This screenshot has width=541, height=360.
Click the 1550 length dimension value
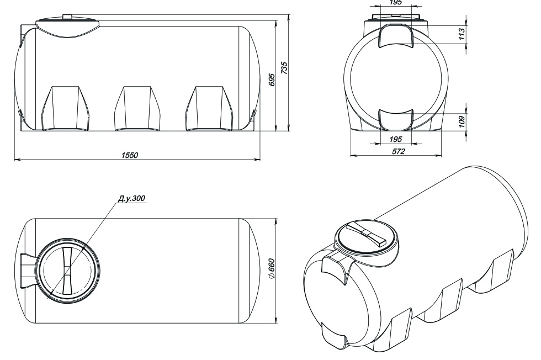(129, 155)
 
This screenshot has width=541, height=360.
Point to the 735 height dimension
(284, 68)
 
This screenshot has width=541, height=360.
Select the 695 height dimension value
(272, 80)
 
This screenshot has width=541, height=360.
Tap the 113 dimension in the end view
(462, 34)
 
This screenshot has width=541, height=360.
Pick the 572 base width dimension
(398, 151)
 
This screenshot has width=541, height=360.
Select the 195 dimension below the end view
(395, 139)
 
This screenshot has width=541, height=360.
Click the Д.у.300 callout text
(131, 198)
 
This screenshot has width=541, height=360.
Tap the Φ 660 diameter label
(271, 268)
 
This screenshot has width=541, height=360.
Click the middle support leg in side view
(137, 108)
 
